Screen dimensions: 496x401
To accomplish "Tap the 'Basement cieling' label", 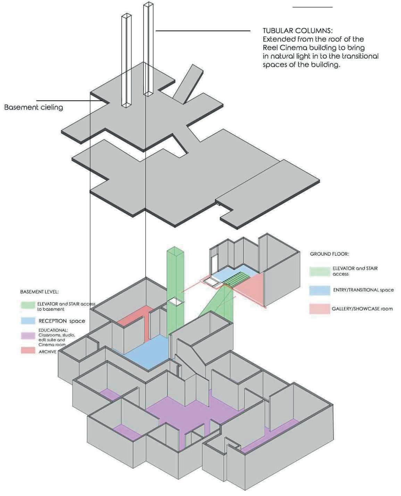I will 34,107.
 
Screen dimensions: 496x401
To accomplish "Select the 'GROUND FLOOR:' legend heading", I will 329,254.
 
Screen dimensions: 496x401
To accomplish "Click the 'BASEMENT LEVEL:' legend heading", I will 39,292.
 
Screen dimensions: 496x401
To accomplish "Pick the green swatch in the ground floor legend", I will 319,271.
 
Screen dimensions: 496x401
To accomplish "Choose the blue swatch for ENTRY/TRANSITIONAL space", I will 319,290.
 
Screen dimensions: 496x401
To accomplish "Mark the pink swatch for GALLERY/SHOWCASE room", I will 319,308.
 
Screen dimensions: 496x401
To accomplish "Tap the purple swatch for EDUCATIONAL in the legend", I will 28,335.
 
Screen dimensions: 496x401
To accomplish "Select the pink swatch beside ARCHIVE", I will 28,351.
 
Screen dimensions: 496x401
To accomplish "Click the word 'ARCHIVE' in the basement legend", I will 48,352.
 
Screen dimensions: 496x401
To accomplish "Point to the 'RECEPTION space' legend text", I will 61,321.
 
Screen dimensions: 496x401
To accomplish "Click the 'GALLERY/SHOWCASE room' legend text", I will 362,308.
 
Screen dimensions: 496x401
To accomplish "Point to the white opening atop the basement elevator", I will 175,302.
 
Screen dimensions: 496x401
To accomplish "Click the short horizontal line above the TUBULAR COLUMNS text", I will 312,7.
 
